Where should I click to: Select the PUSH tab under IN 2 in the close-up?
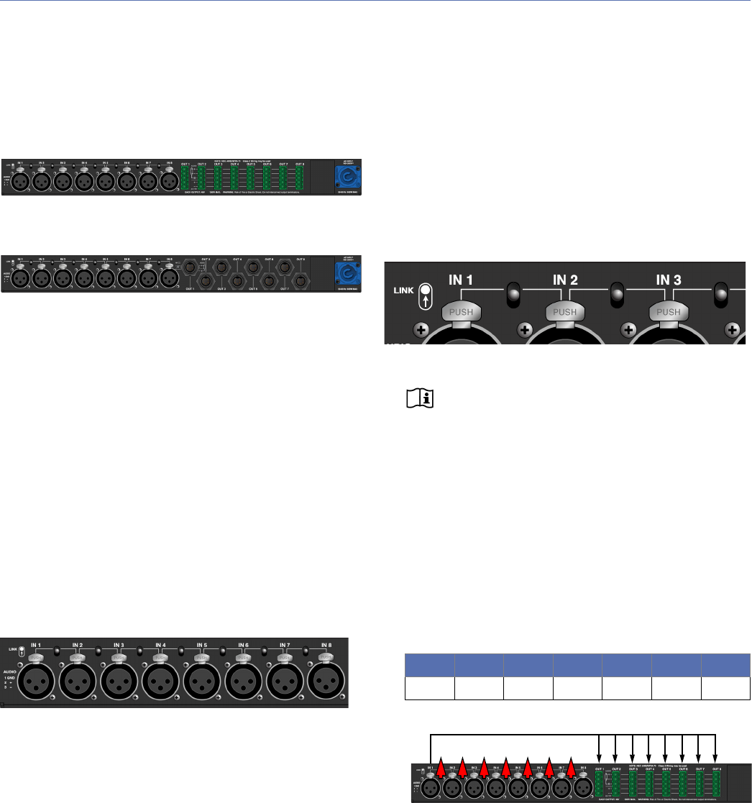pos(566,313)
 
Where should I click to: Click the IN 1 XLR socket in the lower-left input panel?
pos(38,680)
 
